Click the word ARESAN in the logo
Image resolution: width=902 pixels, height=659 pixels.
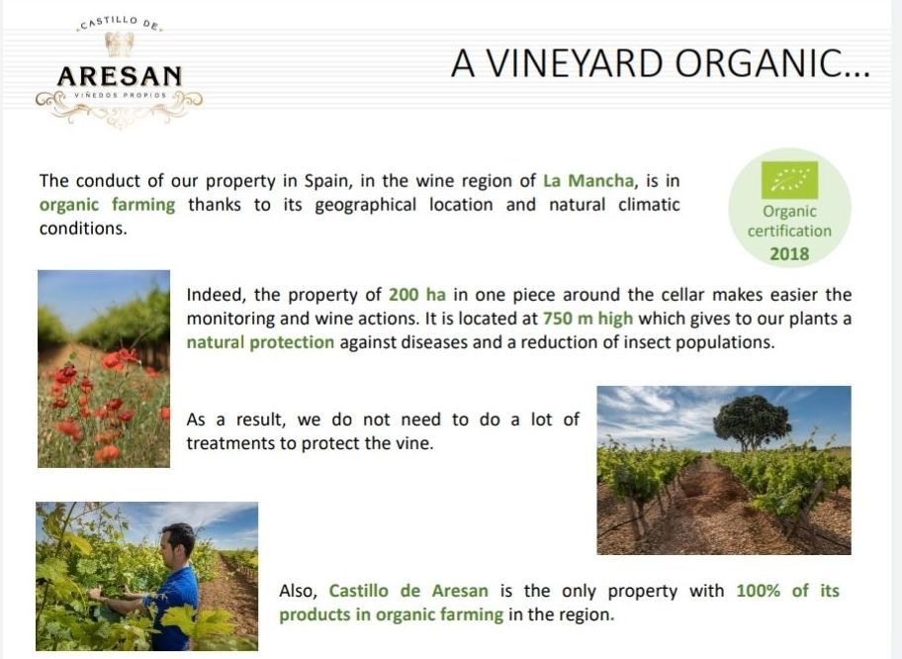[x=120, y=76]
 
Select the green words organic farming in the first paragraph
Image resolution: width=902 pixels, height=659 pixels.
[x=107, y=205]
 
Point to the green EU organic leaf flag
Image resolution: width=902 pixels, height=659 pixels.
[x=789, y=179]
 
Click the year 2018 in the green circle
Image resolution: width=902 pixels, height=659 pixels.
[x=789, y=254]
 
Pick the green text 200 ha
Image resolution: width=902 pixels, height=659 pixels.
[x=417, y=295]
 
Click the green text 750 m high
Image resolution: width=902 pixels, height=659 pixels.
[x=587, y=319]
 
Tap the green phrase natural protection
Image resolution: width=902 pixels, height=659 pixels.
[x=260, y=342]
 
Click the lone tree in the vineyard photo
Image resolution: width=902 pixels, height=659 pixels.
[x=752, y=422]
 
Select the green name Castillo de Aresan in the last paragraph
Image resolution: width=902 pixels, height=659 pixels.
[x=408, y=591]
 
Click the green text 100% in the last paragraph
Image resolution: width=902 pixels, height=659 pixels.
[x=759, y=591]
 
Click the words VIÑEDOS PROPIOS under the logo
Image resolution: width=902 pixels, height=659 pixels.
[x=121, y=95]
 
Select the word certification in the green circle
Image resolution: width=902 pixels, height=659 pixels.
[x=789, y=231]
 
